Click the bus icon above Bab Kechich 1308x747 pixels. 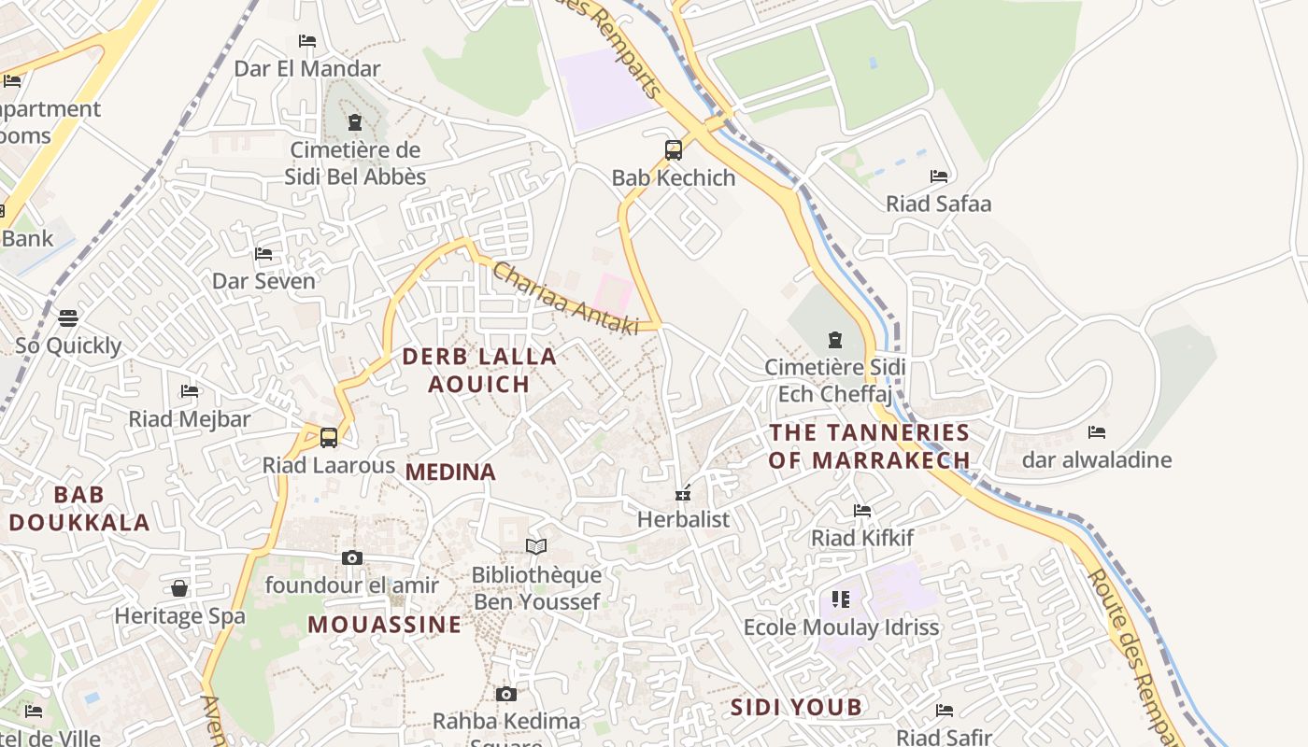pyautogui.click(x=673, y=149)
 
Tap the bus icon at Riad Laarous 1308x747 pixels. pyautogui.click(x=328, y=437)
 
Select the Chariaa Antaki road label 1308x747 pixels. pyautogui.click(x=564, y=299)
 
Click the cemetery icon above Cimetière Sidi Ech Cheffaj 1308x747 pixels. pyautogui.click(x=834, y=340)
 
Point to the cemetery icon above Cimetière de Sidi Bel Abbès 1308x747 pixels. pyautogui.click(x=354, y=122)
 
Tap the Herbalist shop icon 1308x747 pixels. pyautogui.click(x=683, y=492)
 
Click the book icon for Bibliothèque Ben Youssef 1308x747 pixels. pyautogui.click(x=535, y=546)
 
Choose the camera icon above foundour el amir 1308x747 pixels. pyautogui.click(x=351, y=558)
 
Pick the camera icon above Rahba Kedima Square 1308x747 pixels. pyautogui.click(x=505, y=694)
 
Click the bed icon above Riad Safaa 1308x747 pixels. pyautogui.click(x=938, y=176)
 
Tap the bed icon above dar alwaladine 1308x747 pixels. pyautogui.click(x=1096, y=432)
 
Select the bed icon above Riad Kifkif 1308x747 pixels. pyautogui.click(x=861, y=511)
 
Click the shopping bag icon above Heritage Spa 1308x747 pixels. pyautogui.click(x=179, y=588)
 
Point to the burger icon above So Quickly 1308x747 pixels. pyautogui.click(x=68, y=318)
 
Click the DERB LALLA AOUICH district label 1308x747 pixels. pyautogui.click(x=479, y=370)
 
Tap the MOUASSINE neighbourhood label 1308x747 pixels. pyautogui.click(x=385, y=625)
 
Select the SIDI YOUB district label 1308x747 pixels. pyautogui.click(x=796, y=707)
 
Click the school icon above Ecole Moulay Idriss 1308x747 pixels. pyautogui.click(x=840, y=599)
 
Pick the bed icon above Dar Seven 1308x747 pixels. pyautogui.click(x=263, y=254)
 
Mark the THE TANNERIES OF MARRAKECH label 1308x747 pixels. pyautogui.click(x=869, y=445)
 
